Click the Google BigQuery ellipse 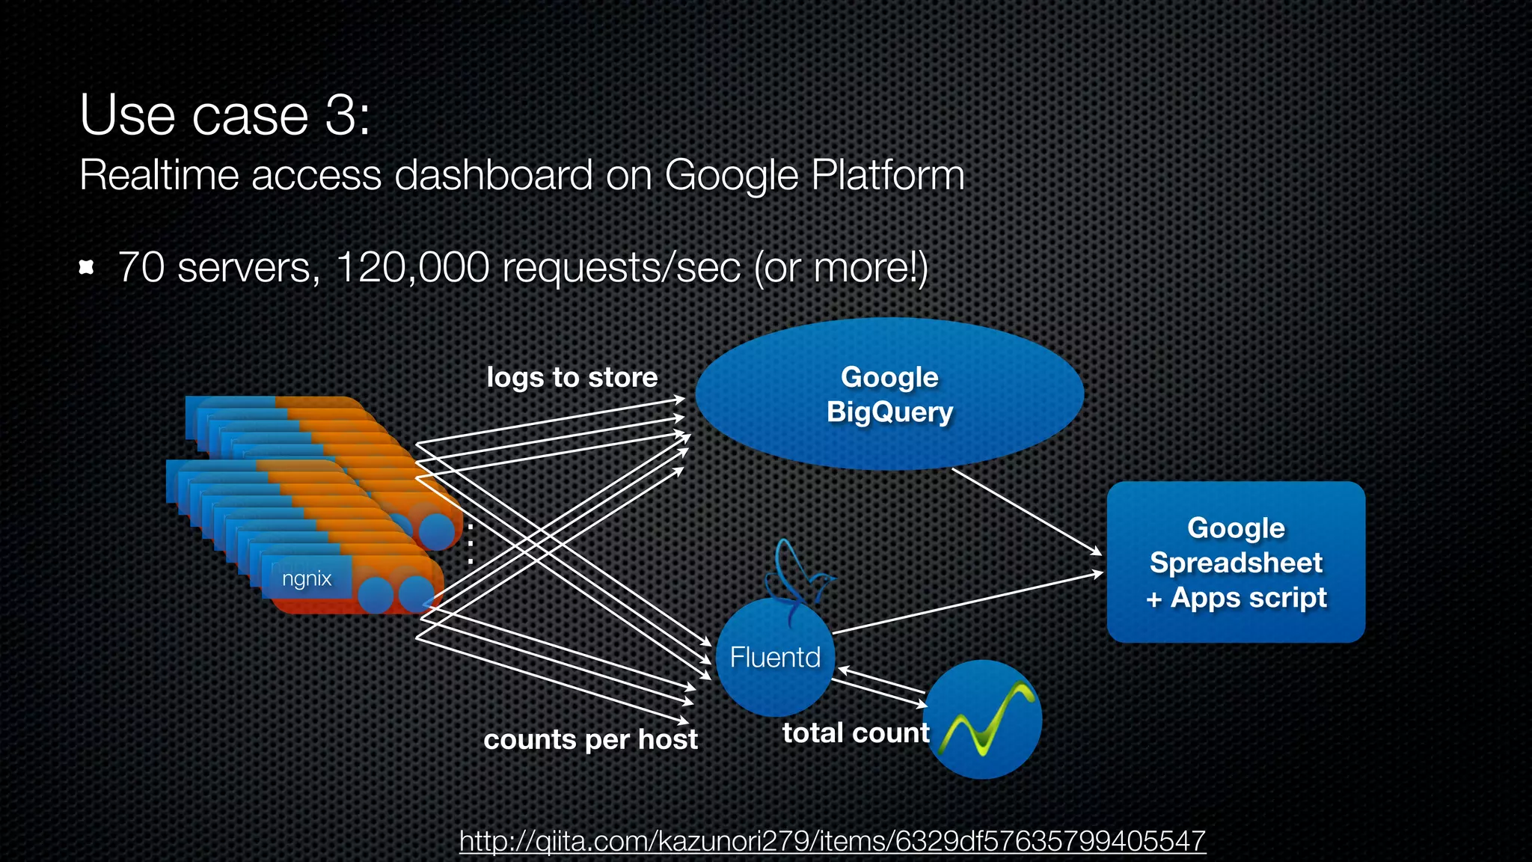pyautogui.click(x=889, y=394)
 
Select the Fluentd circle pyautogui.click(x=775, y=658)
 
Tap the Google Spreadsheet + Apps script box pyautogui.click(x=1236, y=562)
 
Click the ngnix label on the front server pyautogui.click(x=307, y=578)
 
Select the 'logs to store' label pyautogui.click(x=572, y=377)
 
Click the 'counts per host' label pyautogui.click(x=590, y=739)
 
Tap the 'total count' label pyautogui.click(x=856, y=733)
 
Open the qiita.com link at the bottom pyautogui.click(x=832, y=840)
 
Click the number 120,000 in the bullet pyautogui.click(x=412, y=267)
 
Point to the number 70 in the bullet pyautogui.click(x=141, y=267)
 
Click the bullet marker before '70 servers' pyautogui.click(x=86, y=267)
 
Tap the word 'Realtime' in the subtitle pyautogui.click(x=159, y=175)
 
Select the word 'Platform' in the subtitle pyautogui.click(x=887, y=175)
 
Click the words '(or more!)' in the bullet pyautogui.click(x=841, y=267)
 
